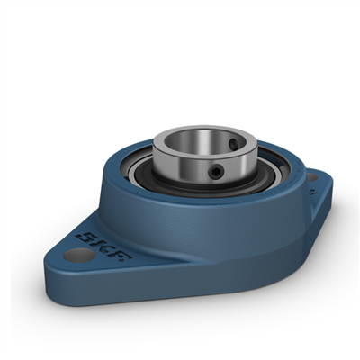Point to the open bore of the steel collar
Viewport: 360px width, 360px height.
pos(191,142)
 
